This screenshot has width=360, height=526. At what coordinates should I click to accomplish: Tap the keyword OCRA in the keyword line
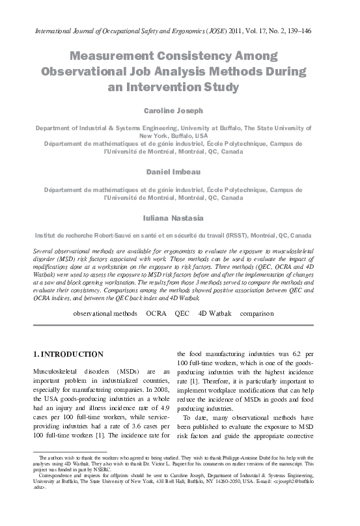(156, 313)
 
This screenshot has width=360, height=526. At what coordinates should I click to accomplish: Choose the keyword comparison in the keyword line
(256, 313)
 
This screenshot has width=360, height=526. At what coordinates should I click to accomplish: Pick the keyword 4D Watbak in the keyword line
(215, 313)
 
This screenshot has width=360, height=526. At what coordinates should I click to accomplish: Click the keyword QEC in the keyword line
(182, 313)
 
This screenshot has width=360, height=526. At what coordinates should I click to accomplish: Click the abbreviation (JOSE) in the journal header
(217, 30)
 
